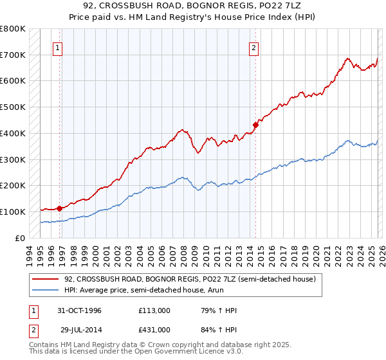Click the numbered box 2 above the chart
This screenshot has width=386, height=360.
254,47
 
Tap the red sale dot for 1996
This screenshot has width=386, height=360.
60,208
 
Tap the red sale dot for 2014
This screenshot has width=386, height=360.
255,125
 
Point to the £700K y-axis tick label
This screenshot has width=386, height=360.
13,55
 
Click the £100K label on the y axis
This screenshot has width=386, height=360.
13,212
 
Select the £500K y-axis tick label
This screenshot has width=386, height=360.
13,107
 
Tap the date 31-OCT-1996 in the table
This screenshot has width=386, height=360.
78,310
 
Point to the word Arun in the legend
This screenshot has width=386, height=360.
226,290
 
